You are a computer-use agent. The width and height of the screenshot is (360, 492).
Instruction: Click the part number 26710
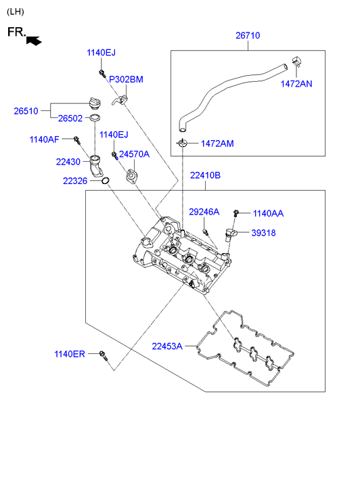coord(248,35)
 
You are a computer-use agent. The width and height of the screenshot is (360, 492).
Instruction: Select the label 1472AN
coord(296,84)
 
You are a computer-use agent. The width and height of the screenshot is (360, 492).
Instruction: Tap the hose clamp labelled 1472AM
coord(182,143)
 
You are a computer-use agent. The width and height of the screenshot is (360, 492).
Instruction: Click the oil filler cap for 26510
coord(94,103)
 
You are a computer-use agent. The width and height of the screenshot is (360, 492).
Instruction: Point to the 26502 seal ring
coord(95,118)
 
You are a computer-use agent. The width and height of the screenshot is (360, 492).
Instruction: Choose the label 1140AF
coord(44,139)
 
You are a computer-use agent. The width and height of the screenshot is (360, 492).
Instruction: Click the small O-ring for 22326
coord(106,181)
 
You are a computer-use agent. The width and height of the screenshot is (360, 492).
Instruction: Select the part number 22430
coord(68,162)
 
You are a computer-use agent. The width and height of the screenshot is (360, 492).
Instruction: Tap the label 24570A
coord(135,154)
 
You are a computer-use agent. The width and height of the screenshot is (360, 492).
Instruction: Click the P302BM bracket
coord(120,100)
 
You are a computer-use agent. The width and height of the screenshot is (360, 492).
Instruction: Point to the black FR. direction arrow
coord(34,41)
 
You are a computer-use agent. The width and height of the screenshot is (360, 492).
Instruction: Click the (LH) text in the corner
coord(16,12)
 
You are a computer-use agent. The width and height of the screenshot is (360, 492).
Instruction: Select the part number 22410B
coord(205,175)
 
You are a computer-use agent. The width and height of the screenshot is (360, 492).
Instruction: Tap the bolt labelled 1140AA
coord(236,213)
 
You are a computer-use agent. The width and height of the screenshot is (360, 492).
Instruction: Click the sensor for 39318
coord(230,234)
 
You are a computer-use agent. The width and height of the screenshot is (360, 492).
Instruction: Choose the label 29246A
coord(204,212)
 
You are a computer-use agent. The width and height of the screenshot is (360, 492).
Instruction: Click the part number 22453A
coord(167,346)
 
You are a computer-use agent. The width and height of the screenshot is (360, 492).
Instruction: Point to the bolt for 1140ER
coord(103,355)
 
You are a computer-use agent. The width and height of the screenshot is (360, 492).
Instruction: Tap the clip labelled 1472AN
coord(296,62)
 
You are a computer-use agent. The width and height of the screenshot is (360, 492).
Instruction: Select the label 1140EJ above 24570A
coord(114,135)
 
